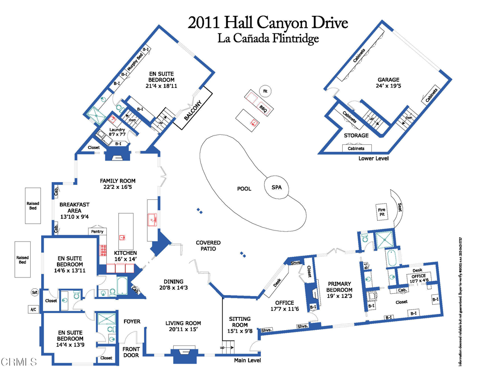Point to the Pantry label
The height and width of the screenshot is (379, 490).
(x=97, y=231)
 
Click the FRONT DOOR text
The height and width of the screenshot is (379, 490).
(x=131, y=353)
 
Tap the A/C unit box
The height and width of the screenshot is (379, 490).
(x=33, y=310)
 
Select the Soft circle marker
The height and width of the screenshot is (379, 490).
(x=34, y=292)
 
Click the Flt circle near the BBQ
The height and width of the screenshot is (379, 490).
(x=264, y=90)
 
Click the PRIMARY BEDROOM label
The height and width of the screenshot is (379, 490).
(x=339, y=289)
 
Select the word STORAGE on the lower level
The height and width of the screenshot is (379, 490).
(x=356, y=136)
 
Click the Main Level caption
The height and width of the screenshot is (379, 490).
(x=247, y=361)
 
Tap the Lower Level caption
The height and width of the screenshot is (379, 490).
(x=373, y=158)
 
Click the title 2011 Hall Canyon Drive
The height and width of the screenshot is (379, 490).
(x=268, y=23)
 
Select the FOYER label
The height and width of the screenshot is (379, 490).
(x=132, y=321)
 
